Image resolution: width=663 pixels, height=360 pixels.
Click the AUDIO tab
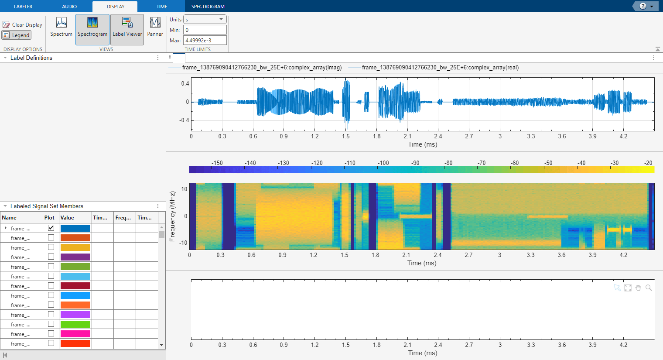tap(69, 7)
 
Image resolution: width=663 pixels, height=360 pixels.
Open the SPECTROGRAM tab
tap(208, 7)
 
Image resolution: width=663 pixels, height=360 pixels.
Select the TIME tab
tap(162, 7)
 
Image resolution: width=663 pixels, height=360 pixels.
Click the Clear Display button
tap(23, 25)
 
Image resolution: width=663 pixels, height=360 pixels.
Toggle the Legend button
tap(17, 35)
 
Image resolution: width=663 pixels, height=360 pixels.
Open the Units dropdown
tap(205, 20)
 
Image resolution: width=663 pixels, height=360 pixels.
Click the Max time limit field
tap(205, 41)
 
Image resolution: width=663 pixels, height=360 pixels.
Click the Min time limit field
tap(205, 30)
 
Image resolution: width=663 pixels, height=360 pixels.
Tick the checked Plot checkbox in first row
tap(51, 228)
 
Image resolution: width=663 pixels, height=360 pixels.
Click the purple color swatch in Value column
tap(75, 257)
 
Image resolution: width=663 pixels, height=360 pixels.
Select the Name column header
tap(9, 218)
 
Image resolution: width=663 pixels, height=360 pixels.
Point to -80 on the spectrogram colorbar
tap(448, 163)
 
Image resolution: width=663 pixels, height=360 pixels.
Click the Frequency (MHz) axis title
tap(172, 216)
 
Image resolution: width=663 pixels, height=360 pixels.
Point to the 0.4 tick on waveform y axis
tap(185, 84)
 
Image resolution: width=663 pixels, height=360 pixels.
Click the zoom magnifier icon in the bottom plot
tap(649, 288)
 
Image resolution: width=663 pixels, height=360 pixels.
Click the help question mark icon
tap(643, 6)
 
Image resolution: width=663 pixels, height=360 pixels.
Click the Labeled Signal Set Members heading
tap(47, 206)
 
